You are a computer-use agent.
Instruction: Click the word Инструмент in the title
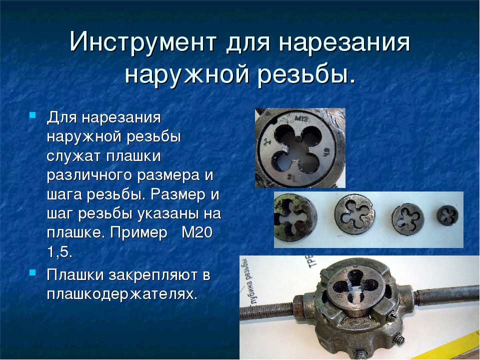[143, 42]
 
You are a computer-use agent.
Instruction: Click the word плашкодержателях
[122, 294]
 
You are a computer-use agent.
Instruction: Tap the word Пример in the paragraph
[138, 233]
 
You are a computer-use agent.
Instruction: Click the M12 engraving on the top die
[302, 118]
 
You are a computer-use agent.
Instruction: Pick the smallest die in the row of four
[447, 215]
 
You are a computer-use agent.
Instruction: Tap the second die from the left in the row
[354, 214]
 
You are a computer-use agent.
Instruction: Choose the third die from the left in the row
[408, 219]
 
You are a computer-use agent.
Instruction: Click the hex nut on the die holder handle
[299, 307]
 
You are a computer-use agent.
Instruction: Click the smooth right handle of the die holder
[446, 295]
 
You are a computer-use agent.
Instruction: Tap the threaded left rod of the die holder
[266, 311]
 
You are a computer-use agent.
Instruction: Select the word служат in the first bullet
[73, 156]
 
